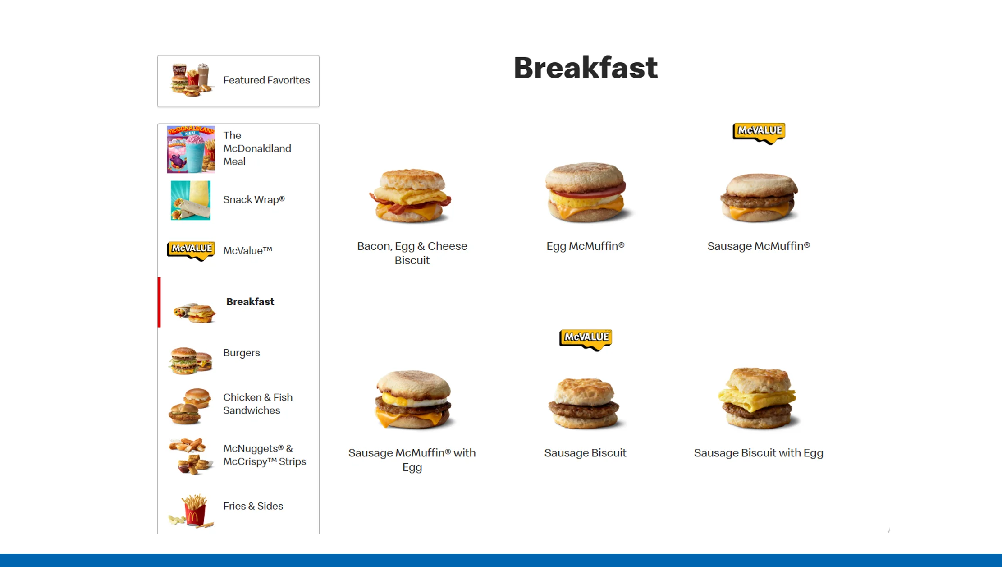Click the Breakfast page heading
click(585, 68)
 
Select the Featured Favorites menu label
click(266, 80)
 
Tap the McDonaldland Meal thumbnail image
click(191, 149)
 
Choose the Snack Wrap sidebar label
click(254, 199)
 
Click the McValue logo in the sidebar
click(191, 250)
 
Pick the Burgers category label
click(242, 353)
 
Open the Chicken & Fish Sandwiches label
click(258, 404)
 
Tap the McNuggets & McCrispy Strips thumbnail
click(191, 456)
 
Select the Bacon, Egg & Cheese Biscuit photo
click(412, 195)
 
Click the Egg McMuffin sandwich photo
click(585, 192)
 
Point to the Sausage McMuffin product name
click(759, 246)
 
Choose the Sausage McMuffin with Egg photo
click(412, 400)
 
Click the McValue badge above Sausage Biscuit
click(585, 339)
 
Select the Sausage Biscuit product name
click(585, 453)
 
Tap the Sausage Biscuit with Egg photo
click(758, 399)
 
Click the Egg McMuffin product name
click(585, 246)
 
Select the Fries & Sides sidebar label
click(253, 506)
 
